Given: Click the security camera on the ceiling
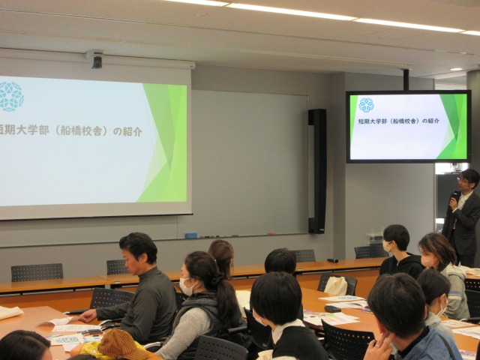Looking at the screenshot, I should [96, 60].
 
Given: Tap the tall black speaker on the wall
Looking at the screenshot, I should [317, 171].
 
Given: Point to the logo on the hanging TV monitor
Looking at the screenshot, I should [366, 105].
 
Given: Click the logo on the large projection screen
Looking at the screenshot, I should [10, 96].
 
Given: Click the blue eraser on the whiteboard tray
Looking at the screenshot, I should [191, 235].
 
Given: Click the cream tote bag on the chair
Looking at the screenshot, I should [336, 286].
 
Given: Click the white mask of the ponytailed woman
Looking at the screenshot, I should [186, 286].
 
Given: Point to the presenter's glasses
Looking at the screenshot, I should [462, 181].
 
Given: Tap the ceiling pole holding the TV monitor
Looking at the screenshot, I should [405, 79].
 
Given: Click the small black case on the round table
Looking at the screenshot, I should [332, 308].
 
